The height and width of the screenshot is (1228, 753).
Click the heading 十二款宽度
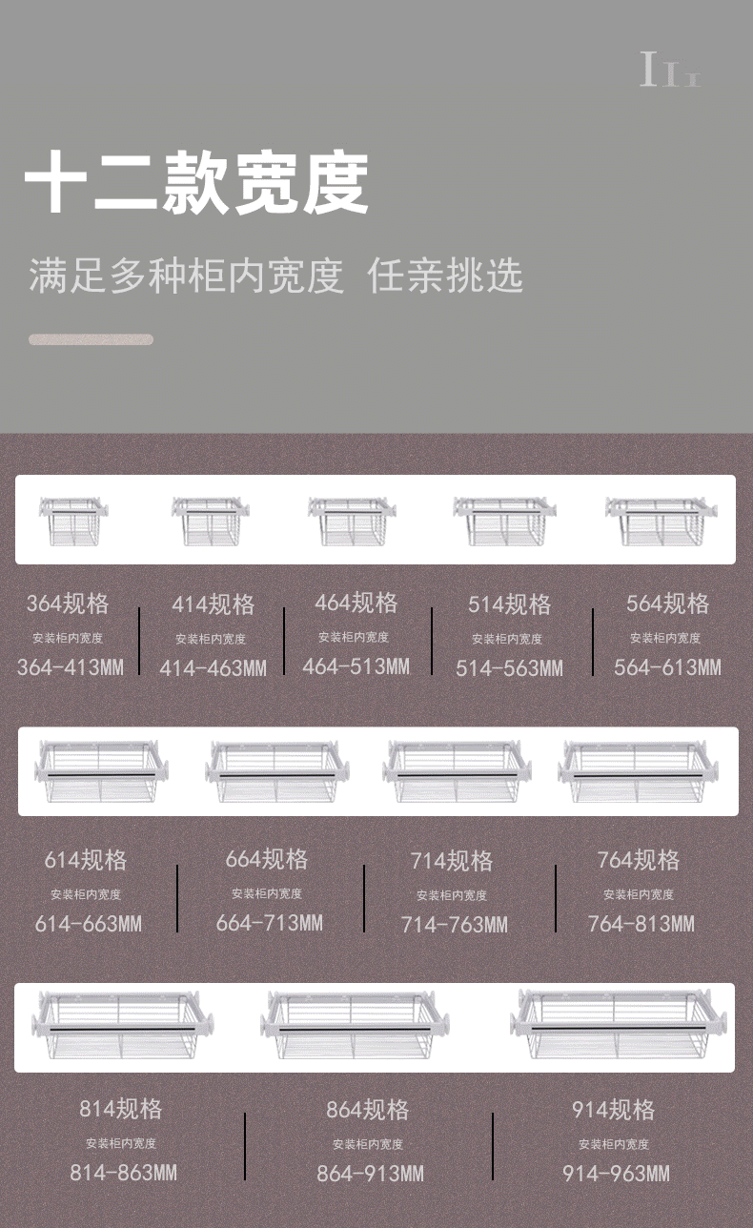pos(196,184)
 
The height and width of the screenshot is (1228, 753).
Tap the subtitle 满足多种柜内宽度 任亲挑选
pos(275,276)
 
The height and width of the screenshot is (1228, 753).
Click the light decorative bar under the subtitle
pos(91,339)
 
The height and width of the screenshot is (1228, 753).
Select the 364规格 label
pos(68,604)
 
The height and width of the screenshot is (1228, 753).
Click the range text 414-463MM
pos(213,668)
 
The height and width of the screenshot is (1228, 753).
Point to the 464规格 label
pos(356,603)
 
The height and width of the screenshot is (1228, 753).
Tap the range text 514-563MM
pos(509,668)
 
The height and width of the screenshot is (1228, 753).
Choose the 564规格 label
pos(668,604)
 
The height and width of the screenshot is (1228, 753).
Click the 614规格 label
pos(86,860)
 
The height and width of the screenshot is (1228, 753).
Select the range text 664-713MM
pos(270,923)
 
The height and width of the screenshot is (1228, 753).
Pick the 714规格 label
pos(452,861)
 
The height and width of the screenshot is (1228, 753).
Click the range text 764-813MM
pos(641,923)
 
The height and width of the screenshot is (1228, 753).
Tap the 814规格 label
pos(121,1109)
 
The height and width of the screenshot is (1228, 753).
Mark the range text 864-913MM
pos(370,1174)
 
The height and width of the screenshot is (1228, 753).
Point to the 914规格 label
pos(614,1110)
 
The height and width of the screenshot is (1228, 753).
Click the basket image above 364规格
pos(73,521)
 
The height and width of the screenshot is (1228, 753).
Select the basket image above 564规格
pos(661,521)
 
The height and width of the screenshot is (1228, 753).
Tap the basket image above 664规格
pos(276,772)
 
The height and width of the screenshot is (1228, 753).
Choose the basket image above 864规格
pos(355,1026)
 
